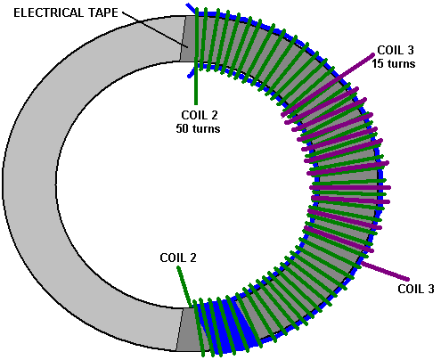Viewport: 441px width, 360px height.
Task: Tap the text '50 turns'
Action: pyautogui.click(x=198, y=128)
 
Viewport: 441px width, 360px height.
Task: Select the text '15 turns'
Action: pyautogui.click(x=394, y=63)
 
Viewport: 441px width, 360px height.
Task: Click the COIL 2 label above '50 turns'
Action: pyautogui.click(x=200, y=115)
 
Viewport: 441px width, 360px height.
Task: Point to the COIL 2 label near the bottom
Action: pyautogui.click(x=178, y=258)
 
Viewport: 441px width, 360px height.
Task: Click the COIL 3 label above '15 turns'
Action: pyautogui.click(x=396, y=50)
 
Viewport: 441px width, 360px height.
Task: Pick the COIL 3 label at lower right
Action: pyautogui.click(x=416, y=289)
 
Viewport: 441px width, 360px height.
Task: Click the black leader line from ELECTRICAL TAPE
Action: pyautogui.click(x=155, y=29)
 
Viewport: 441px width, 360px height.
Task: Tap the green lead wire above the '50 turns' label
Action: pyautogui.click(x=196, y=83)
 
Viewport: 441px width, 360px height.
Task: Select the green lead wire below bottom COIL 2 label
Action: pyautogui.click(x=184, y=286)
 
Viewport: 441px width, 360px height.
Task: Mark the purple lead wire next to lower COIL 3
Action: pyautogui.click(x=385, y=271)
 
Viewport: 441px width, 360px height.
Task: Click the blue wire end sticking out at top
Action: pyautogui.click(x=191, y=8)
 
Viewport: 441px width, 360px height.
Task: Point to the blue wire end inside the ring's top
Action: pyautogui.click(x=191, y=73)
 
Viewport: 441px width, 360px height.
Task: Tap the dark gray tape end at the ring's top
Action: pyautogui.click(x=188, y=38)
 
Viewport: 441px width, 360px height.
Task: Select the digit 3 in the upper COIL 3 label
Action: pyautogui.click(x=411, y=50)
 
